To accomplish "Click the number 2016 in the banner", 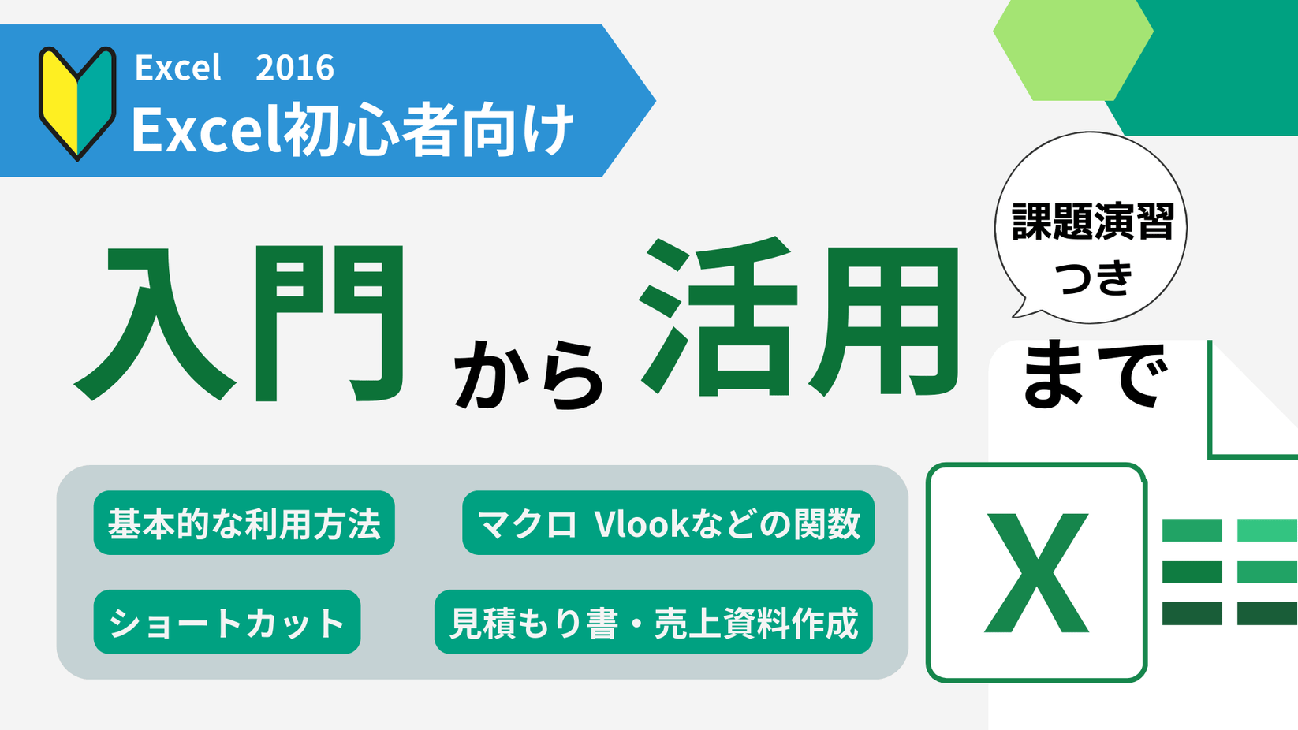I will (295, 68).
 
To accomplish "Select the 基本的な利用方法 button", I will (244, 523).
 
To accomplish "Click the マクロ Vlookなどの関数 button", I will (668, 523).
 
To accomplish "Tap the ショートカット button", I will (227, 622).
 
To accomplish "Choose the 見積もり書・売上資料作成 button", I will (653, 622).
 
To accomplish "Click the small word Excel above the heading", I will (177, 68).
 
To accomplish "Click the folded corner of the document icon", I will (1246, 410).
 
